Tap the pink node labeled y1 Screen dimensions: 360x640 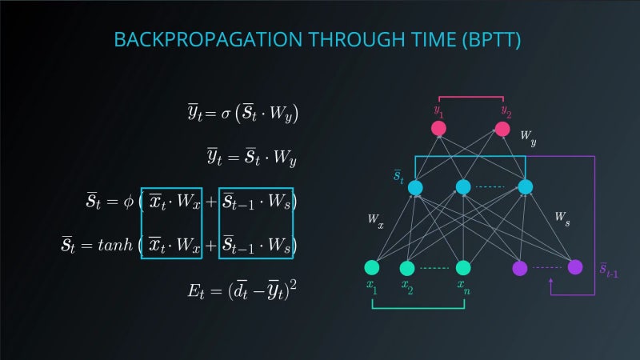tap(438, 128)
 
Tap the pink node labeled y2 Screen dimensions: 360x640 tap(502, 128)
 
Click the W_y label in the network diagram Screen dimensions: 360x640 tap(528, 137)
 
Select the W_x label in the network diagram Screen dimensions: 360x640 tap(375, 220)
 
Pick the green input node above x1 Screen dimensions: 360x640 tap(371, 267)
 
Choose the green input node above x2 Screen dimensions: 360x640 tap(406, 267)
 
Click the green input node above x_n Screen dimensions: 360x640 tap(462, 267)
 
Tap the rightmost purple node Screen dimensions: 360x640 tap(575, 266)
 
